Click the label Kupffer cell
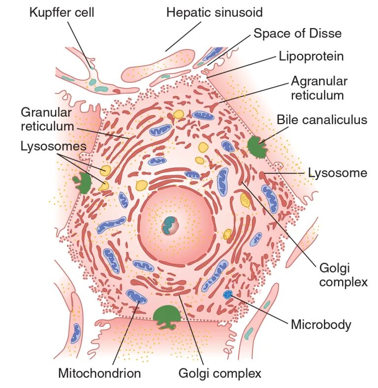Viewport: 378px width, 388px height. pyautogui.click(x=62, y=12)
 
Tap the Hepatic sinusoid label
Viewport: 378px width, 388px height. pyautogui.click(x=214, y=12)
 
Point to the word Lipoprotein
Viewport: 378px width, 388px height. pyautogui.click(x=311, y=56)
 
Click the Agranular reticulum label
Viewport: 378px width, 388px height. pyautogui.click(x=319, y=88)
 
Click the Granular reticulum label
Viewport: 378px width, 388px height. pyautogui.click(x=47, y=119)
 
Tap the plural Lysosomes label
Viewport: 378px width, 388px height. pyautogui.click(x=53, y=146)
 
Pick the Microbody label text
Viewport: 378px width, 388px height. pyautogui.click(x=321, y=324)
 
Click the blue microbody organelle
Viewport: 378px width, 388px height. pyautogui.click(x=227, y=295)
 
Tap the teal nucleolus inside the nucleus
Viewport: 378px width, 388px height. pyautogui.click(x=170, y=225)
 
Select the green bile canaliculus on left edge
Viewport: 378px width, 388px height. pyautogui.click(x=82, y=181)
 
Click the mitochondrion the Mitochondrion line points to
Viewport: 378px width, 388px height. pyautogui.click(x=136, y=297)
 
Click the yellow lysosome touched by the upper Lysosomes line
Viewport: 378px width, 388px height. pyautogui.click(x=106, y=170)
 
